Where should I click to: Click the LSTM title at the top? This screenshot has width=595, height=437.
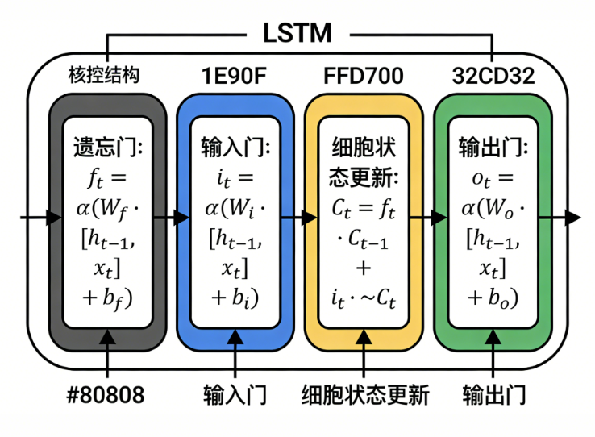(x=297, y=32)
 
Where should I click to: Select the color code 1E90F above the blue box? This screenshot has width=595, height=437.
(x=234, y=75)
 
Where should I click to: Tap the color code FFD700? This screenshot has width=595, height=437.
(x=363, y=75)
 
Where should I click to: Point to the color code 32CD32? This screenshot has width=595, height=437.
(x=493, y=75)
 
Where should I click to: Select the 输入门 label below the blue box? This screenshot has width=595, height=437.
(x=235, y=395)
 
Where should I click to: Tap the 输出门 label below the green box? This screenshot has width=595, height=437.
(x=494, y=395)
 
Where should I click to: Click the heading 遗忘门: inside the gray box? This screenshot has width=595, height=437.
(x=107, y=148)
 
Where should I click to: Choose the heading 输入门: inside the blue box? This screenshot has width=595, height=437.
(x=235, y=148)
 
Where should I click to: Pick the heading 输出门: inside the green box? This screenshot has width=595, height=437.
(x=493, y=148)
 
